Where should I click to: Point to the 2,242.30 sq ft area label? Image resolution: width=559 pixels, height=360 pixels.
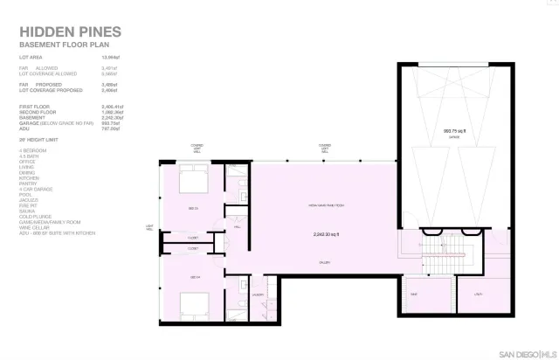[325, 234]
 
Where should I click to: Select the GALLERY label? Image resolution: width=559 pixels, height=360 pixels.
[323, 262]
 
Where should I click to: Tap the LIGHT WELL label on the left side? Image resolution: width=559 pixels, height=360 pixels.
[149, 229]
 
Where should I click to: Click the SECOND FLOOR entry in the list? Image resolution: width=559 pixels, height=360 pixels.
[37, 112]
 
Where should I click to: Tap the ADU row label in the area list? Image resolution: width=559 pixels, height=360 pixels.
[24, 128]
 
